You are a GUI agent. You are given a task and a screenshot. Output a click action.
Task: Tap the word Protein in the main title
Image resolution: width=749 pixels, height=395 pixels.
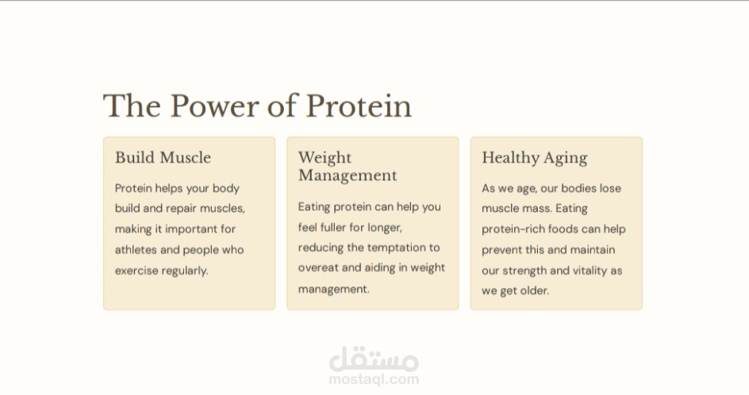[x=359, y=105]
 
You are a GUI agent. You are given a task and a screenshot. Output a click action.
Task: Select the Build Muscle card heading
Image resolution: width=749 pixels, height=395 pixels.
[x=163, y=158]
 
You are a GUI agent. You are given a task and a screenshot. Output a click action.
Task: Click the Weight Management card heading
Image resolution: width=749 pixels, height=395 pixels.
[x=348, y=167]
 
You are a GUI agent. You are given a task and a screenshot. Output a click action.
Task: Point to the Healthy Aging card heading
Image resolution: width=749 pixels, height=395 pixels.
[x=535, y=158]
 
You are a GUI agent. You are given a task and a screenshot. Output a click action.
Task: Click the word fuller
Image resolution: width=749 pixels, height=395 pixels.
[x=333, y=228]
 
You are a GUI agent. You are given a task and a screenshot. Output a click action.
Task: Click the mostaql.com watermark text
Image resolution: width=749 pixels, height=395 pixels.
[x=374, y=379]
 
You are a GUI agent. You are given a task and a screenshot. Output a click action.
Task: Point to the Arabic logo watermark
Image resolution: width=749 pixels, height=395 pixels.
[x=374, y=359]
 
